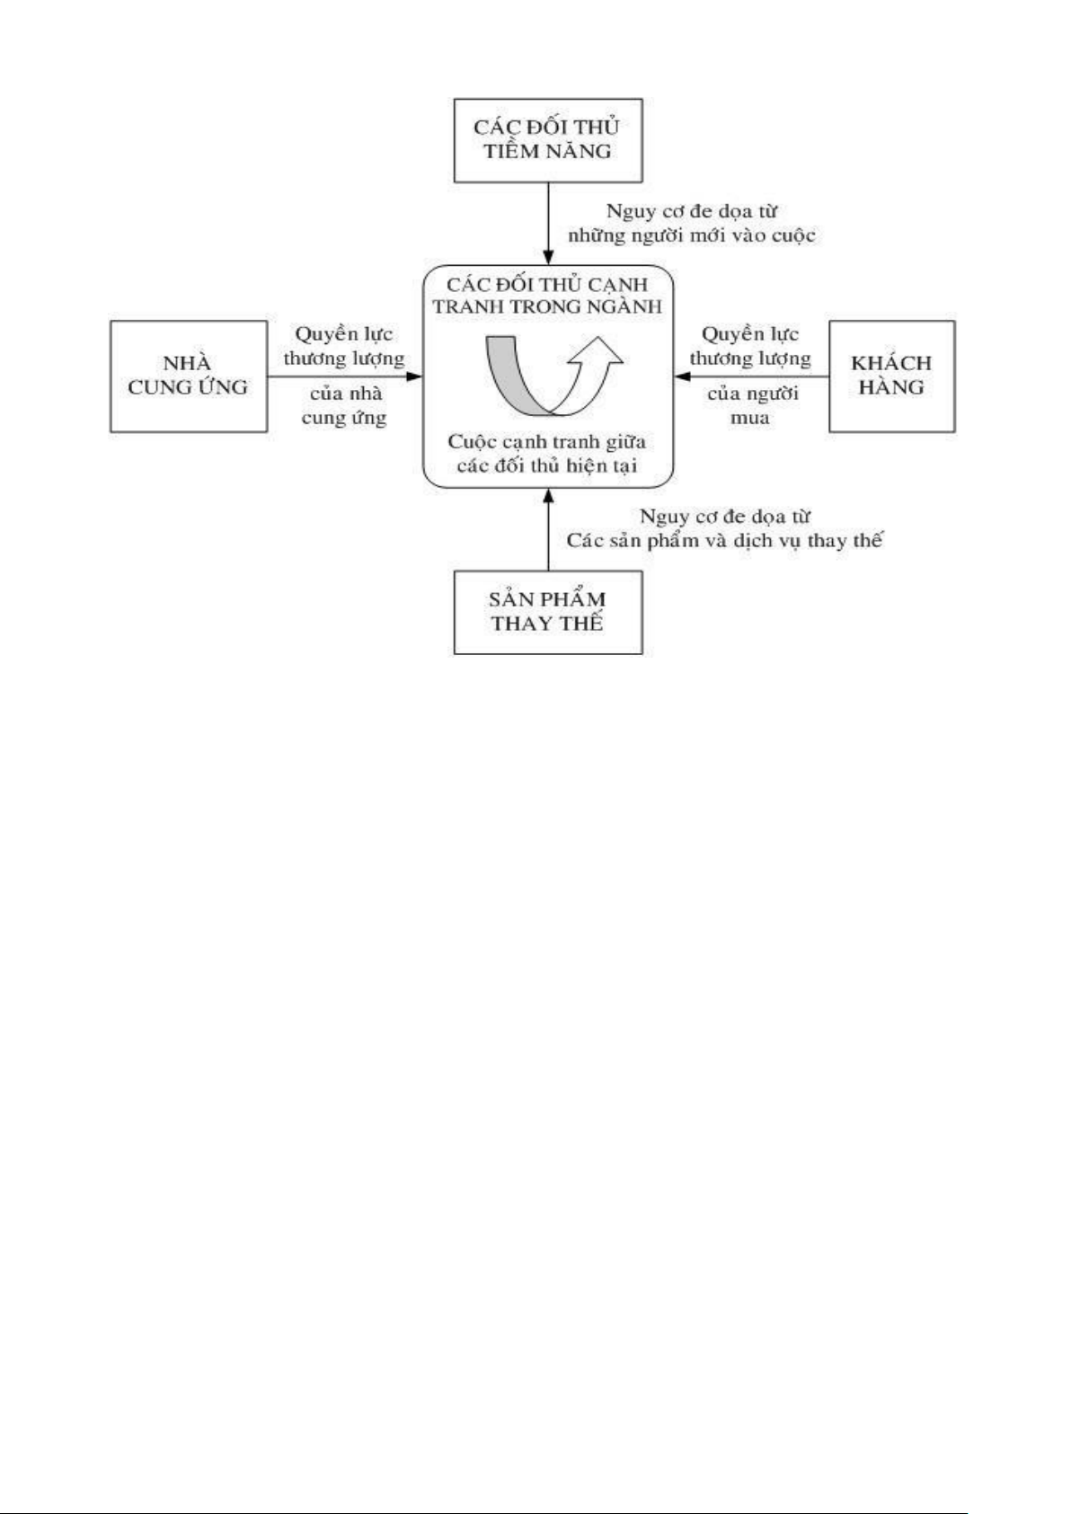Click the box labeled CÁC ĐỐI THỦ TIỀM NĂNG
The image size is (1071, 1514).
tap(548, 139)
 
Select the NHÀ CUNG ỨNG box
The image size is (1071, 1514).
tap(188, 376)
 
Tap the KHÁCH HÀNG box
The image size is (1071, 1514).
tap(891, 376)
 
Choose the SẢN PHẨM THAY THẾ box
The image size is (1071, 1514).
tap(548, 611)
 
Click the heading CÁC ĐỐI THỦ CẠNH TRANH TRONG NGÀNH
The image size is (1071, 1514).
tap(547, 295)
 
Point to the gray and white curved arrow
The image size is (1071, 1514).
tap(550, 373)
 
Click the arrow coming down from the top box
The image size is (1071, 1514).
tap(548, 225)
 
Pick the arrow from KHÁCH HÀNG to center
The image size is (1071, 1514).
tap(750, 376)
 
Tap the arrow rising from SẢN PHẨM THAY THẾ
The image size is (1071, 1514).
tap(548, 530)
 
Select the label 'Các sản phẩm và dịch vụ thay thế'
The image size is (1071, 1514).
tap(724, 542)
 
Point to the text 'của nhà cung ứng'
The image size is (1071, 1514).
tap(345, 406)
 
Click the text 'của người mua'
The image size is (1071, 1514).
tap(751, 406)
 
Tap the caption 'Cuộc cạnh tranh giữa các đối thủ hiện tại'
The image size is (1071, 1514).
tap(547, 454)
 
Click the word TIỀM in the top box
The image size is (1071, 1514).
tap(510, 151)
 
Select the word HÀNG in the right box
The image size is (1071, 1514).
tap(891, 388)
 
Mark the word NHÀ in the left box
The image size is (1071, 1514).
tap(188, 363)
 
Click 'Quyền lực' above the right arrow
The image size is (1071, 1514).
tap(750, 334)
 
